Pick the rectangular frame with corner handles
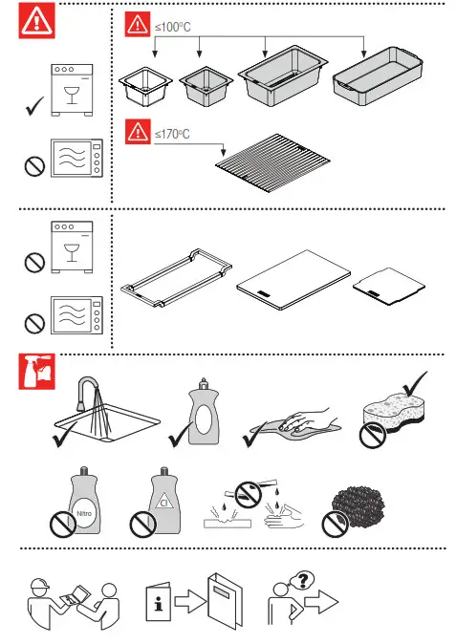[x=177, y=280]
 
